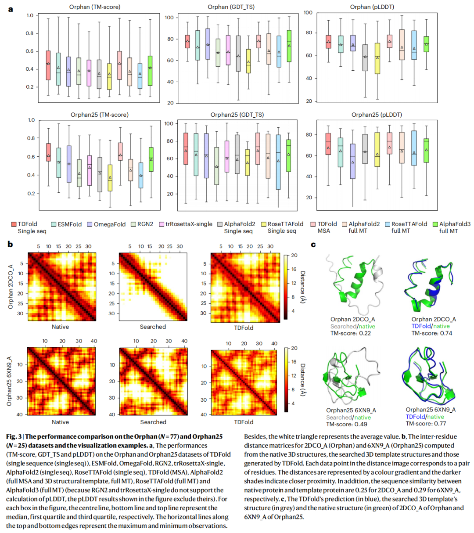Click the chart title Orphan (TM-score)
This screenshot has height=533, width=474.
pyautogui.click(x=95, y=7)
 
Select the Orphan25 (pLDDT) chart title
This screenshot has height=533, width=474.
pyautogui.click(x=376, y=115)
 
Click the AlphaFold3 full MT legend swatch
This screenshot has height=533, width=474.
pyautogui.click(x=435, y=224)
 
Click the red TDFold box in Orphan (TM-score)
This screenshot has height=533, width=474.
pyautogui.click(x=48, y=65)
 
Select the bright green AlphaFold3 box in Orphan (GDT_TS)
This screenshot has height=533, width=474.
pyautogui.click(x=289, y=46)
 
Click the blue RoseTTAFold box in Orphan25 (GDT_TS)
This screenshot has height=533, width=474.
pyautogui.click(x=278, y=162)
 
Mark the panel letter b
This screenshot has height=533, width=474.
pyautogui.click(x=10, y=244)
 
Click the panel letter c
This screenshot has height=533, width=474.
pyautogui.click(x=313, y=244)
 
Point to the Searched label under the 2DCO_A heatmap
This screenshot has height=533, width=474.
pyautogui.click(x=153, y=327)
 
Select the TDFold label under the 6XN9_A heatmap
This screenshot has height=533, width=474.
pyautogui.click(x=244, y=422)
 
